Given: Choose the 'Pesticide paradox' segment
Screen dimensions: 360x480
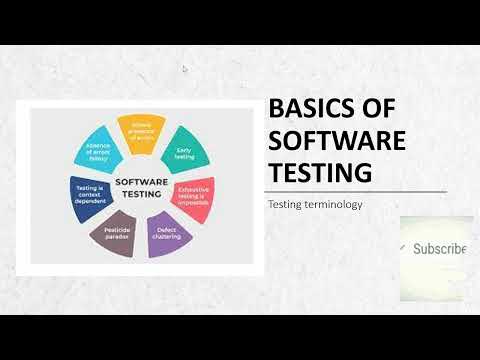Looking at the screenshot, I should click(x=117, y=235).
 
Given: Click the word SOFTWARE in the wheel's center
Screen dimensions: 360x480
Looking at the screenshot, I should click(x=141, y=182).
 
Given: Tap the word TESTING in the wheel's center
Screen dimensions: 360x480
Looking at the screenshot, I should click(x=141, y=194).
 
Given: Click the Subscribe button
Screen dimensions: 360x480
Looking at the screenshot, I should click(x=437, y=250).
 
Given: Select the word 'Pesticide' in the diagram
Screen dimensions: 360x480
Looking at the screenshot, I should click(x=117, y=230).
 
